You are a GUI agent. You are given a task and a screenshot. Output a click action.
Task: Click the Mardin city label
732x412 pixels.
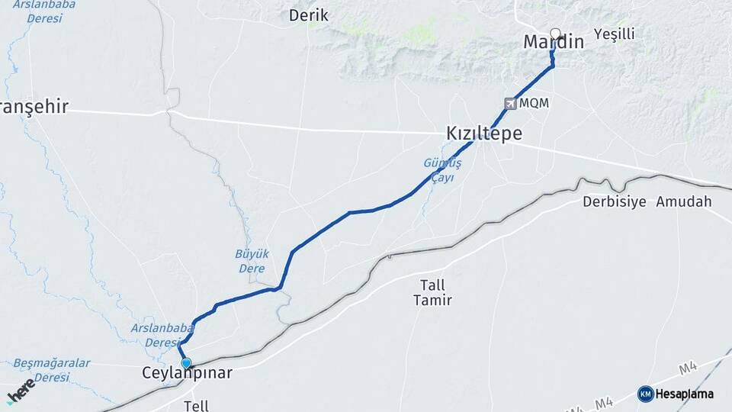coord(554,43)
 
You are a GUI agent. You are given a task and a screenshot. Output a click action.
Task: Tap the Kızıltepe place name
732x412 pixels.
coord(484,134)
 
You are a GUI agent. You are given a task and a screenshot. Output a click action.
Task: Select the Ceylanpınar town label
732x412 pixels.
coord(187,373)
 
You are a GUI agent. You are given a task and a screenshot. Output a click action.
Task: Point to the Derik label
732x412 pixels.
coord(308,15)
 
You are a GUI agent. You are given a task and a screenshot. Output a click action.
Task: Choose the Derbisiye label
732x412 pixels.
coord(614,201)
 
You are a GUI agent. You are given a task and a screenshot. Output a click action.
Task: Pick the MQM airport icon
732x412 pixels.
coord(510,103)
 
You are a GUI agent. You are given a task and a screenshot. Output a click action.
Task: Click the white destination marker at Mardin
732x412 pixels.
coord(555,34)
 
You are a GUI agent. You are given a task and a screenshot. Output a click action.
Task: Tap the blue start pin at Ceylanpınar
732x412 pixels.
coord(186,363)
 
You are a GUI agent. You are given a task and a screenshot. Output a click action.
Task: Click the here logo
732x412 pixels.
coord(21,391)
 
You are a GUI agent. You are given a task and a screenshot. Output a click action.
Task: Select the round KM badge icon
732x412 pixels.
coord(645,394)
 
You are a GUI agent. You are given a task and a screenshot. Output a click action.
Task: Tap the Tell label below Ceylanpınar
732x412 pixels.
coord(196,406)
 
